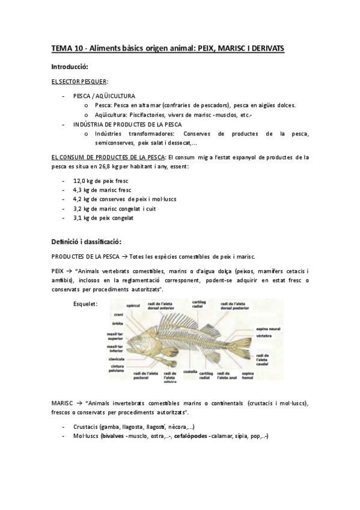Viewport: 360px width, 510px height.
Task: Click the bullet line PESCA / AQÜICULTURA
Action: click(x=104, y=96)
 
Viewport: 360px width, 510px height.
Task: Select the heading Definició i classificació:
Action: click(x=87, y=242)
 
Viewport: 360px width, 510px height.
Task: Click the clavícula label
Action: click(x=116, y=359)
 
